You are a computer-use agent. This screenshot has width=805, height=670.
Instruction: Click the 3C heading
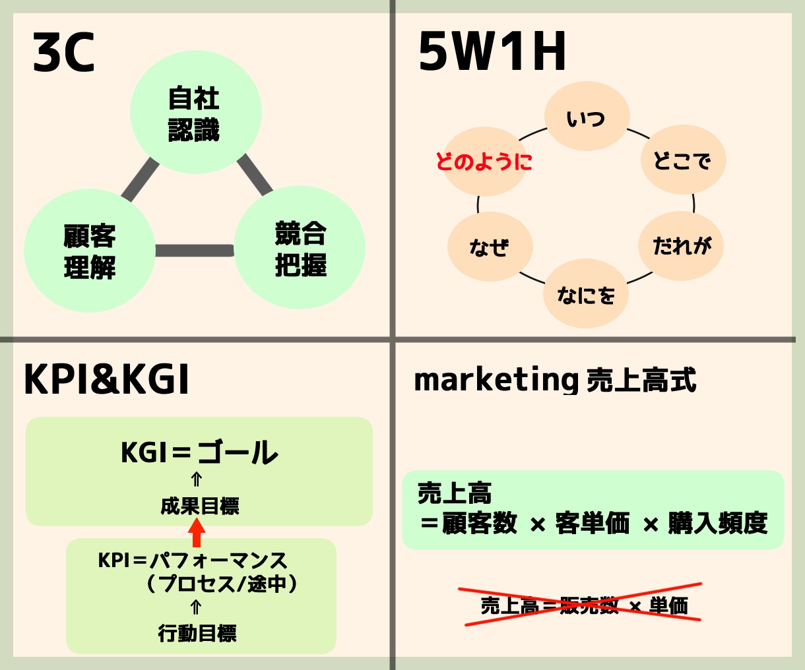point(63,52)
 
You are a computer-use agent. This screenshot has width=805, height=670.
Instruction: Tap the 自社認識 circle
point(196,112)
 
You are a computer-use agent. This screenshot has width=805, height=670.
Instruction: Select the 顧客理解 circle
point(90,251)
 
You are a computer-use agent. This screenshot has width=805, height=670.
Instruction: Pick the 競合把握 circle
point(300,247)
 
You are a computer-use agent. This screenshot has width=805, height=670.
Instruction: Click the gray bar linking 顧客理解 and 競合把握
point(195,251)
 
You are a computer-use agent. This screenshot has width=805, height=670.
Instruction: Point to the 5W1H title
point(492,51)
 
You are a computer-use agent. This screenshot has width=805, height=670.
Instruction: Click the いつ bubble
point(587,116)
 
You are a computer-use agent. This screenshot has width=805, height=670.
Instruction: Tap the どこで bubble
point(684,160)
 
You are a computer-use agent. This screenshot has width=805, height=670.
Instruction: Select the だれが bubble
point(681,246)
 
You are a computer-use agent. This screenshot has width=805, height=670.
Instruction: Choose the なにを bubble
point(586,293)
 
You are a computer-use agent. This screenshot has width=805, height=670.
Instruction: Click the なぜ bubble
point(490,246)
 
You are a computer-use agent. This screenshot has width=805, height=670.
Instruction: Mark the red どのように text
point(484,162)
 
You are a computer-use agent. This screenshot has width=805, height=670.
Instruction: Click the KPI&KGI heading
point(106,379)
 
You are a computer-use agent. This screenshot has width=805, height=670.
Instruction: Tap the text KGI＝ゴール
point(199,452)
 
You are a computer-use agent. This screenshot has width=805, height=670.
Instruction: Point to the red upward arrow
point(197,532)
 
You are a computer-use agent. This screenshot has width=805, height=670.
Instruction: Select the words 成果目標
point(200,506)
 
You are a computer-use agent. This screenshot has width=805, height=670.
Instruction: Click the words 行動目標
point(197,633)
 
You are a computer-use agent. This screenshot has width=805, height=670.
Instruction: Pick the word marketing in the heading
point(496,380)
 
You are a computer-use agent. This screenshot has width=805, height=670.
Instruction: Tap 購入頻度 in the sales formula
point(717,523)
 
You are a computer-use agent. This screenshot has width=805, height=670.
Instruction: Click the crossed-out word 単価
point(668,605)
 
